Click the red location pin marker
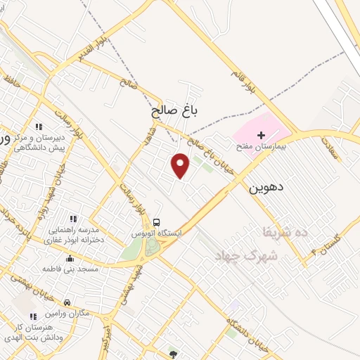tap(181, 166)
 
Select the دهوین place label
tap(266, 188)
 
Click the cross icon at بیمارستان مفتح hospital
tap(261, 134)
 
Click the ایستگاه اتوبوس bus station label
tap(157, 232)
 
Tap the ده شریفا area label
tap(281, 231)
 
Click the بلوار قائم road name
tap(243, 77)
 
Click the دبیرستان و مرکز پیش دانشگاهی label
tap(41, 143)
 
